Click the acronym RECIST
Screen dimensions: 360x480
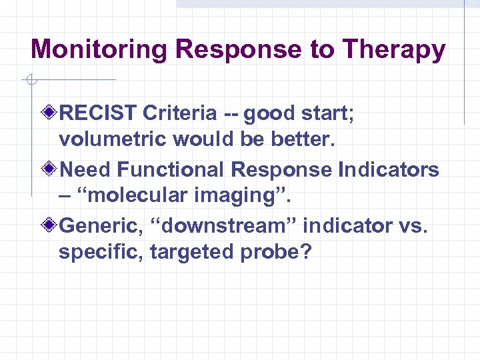tap(99, 113)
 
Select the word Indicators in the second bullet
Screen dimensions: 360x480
tap(388, 169)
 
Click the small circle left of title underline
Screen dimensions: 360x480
tap(30, 81)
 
